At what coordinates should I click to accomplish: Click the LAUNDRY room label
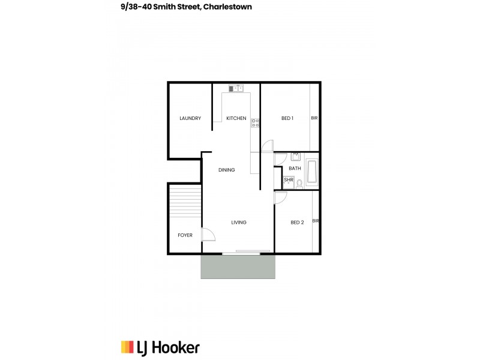190,118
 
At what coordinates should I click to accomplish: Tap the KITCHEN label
236,118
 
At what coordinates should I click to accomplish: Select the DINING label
227,170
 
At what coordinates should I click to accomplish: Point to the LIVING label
239,223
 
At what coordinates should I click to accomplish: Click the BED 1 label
287,118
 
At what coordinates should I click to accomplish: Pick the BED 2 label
297,223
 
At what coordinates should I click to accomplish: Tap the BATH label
295,169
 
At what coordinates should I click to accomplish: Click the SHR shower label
289,180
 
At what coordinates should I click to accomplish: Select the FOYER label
185,235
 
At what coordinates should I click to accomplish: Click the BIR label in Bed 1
314,118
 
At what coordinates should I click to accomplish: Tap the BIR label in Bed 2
316,221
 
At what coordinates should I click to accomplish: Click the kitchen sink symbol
235,88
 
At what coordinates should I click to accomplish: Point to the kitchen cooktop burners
255,123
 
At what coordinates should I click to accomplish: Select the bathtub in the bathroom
312,173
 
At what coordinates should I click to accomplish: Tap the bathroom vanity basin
295,157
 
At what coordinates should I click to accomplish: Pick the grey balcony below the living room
238,266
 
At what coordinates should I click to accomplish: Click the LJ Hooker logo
160,347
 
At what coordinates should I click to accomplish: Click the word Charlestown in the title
227,7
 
